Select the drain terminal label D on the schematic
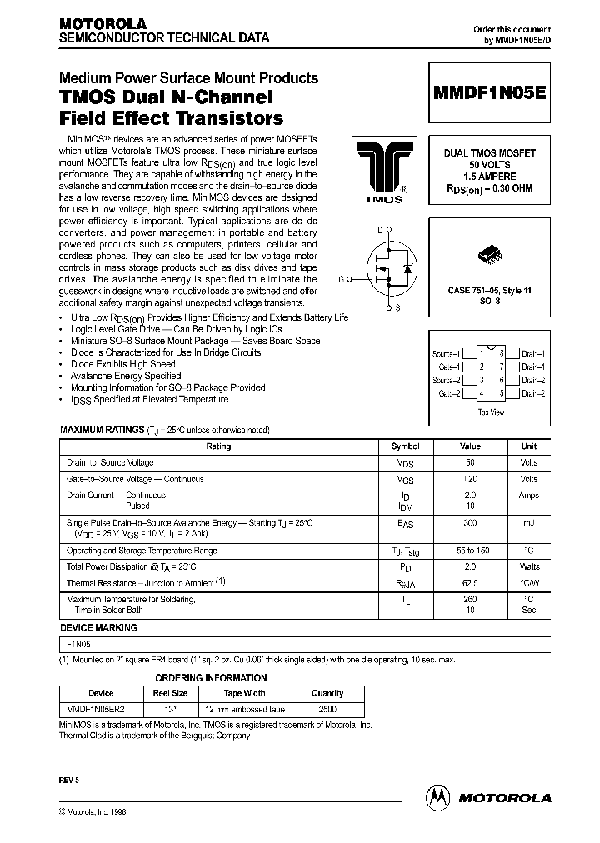click(379, 228)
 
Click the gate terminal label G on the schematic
click(341, 279)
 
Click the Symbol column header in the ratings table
click(406, 446)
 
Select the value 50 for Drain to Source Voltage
click(470, 462)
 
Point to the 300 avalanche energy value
click(470, 521)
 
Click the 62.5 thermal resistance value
click(470, 584)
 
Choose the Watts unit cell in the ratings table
click(529, 567)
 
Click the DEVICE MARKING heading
click(99, 628)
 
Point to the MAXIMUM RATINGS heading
click(101, 430)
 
